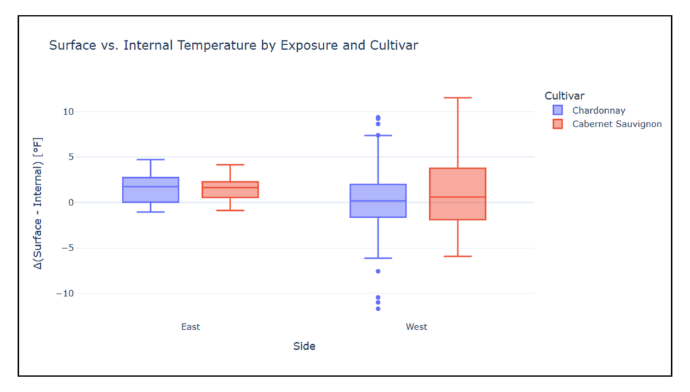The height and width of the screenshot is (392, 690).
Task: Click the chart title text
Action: (x=233, y=46)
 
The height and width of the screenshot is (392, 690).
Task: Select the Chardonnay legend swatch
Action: (x=557, y=110)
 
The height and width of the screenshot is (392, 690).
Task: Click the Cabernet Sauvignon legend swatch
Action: (x=557, y=124)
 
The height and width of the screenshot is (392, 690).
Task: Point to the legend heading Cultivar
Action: (x=564, y=96)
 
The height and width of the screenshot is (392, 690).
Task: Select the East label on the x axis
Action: (x=191, y=327)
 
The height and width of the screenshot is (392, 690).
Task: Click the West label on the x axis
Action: (x=416, y=327)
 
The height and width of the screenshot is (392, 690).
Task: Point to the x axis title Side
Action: (x=304, y=346)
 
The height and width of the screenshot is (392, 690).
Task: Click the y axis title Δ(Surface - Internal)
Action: (x=39, y=203)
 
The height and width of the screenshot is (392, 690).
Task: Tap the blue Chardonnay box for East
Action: (x=150, y=190)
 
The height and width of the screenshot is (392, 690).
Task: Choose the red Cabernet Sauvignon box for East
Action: (x=230, y=189)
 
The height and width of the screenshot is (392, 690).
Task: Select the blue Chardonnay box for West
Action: (x=377, y=201)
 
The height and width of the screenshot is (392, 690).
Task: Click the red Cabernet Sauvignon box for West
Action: (x=457, y=194)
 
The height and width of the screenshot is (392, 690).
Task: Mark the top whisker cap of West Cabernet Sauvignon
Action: (x=457, y=98)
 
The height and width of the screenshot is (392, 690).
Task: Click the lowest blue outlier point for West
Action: (x=378, y=308)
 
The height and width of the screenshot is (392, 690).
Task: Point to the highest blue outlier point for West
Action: (x=378, y=118)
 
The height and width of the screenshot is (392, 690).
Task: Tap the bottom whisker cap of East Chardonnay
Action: (x=150, y=212)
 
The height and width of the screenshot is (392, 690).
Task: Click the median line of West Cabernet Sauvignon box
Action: (x=457, y=197)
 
